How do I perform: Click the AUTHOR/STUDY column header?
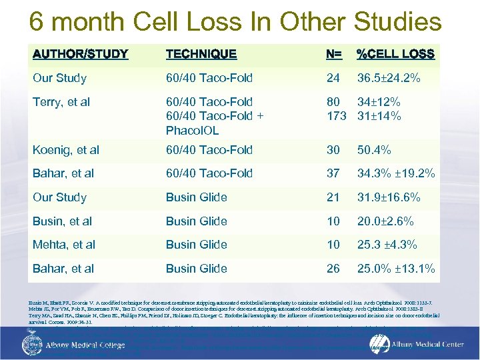81,54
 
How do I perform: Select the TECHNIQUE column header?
201,54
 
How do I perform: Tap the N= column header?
335,54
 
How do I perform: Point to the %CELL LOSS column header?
395,54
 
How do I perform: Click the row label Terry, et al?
61,102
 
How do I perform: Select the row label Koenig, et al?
66,150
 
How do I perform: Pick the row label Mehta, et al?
64,245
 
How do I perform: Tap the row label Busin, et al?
63,221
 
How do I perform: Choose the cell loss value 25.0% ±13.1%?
396,269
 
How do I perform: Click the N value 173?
337,115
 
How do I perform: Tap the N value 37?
333,173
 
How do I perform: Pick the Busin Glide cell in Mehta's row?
196,245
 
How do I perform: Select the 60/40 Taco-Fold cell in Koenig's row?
209,150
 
